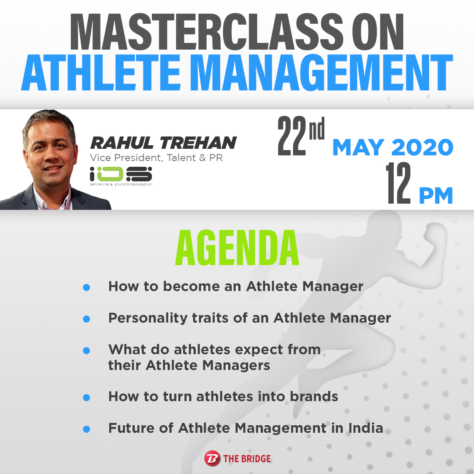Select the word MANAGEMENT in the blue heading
[321, 73]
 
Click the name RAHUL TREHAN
[163, 143]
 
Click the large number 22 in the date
[292, 136]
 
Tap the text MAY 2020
[393, 147]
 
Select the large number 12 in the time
[398, 183]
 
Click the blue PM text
[436, 196]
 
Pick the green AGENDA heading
[237, 248]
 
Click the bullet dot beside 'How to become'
[86, 287]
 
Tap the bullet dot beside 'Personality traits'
[86, 319]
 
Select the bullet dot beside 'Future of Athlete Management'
[86, 429]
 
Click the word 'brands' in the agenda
[314, 396]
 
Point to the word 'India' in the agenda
[366, 428]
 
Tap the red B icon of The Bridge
[212, 458]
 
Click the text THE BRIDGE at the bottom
[247, 459]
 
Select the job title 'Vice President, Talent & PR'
[156, 158]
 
